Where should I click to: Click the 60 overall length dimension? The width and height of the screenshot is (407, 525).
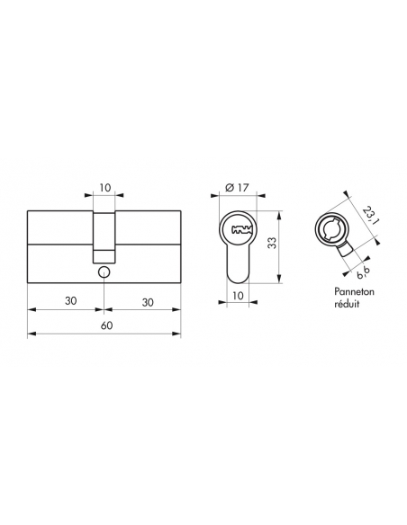(106, 325)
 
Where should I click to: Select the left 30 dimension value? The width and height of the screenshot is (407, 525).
(70, 300)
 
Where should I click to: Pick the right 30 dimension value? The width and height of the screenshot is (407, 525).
(148, 302)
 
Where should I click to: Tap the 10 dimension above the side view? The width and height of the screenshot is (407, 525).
(105, 188)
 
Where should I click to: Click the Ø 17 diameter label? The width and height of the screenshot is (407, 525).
(238, 188)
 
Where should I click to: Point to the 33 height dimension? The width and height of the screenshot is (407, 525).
(273, 243)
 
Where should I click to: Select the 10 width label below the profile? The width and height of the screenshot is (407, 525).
(238, 296)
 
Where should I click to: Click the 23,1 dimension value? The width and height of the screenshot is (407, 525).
(368, 215)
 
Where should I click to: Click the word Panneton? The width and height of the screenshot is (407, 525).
(354, 291)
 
